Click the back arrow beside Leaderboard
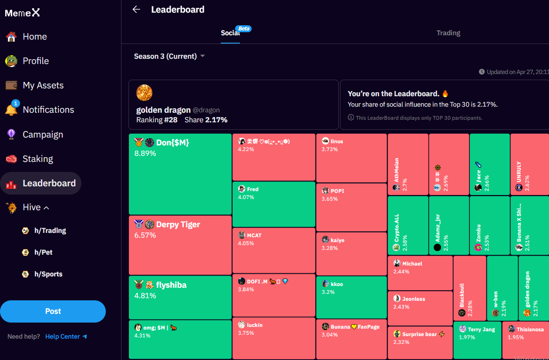136,10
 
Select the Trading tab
448,33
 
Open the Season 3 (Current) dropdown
169,56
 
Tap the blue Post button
53,311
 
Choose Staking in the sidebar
37,159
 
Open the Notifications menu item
48,110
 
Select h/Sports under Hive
48,274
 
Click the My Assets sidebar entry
43,85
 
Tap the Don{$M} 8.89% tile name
172,143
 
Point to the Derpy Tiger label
178,225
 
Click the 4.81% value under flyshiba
145,296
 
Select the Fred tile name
253,189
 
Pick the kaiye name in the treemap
337,240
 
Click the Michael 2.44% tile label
412,264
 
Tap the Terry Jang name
481,330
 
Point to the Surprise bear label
419,334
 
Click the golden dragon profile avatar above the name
144,93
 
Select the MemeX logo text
22,13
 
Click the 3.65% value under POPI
330,199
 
